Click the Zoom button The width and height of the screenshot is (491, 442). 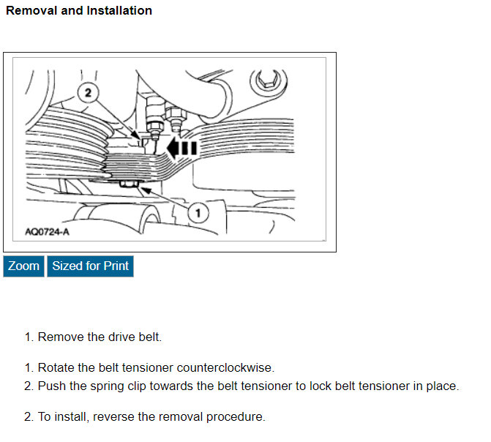point(23,266)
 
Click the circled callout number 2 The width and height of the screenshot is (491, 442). point(89,93)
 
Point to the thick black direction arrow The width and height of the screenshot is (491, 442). point(181,149)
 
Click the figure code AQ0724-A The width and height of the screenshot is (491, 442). point(48,232)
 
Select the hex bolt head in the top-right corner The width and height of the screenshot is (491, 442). point(265,80)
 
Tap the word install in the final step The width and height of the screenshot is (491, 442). point(66,417)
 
